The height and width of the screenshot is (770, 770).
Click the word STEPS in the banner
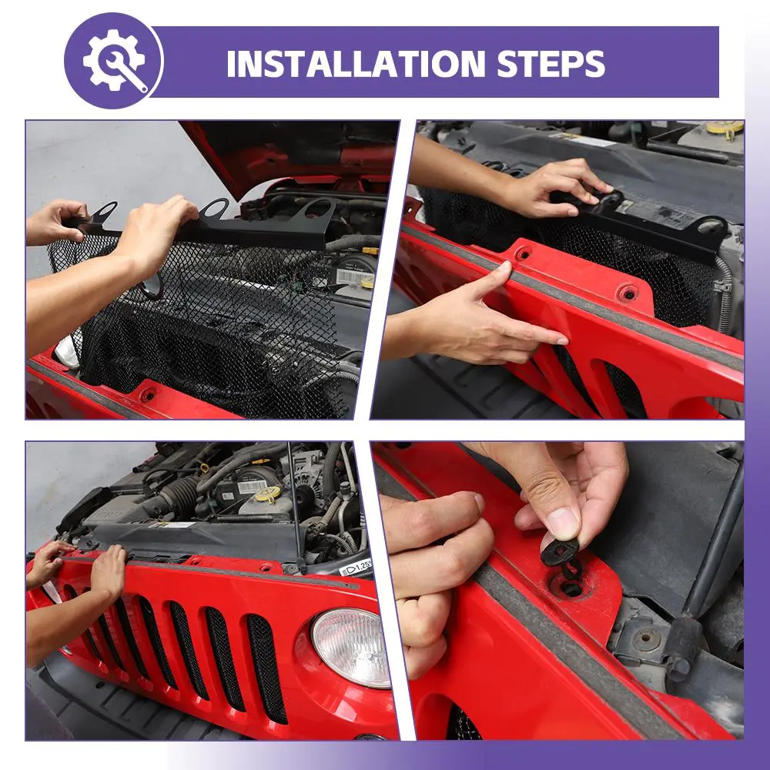coord(551,63)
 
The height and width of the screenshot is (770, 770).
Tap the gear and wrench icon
coord(113,60)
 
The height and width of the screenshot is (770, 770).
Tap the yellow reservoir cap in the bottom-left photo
coord(269,494)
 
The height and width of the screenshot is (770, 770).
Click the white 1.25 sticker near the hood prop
coord(356,567)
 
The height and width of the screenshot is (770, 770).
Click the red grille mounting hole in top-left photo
coord(147,393)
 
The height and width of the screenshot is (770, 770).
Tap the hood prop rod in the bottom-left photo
coord(295,506)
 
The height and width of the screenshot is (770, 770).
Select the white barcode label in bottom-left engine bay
coord(251,487)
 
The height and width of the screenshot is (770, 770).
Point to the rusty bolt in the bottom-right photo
coord(647,639)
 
